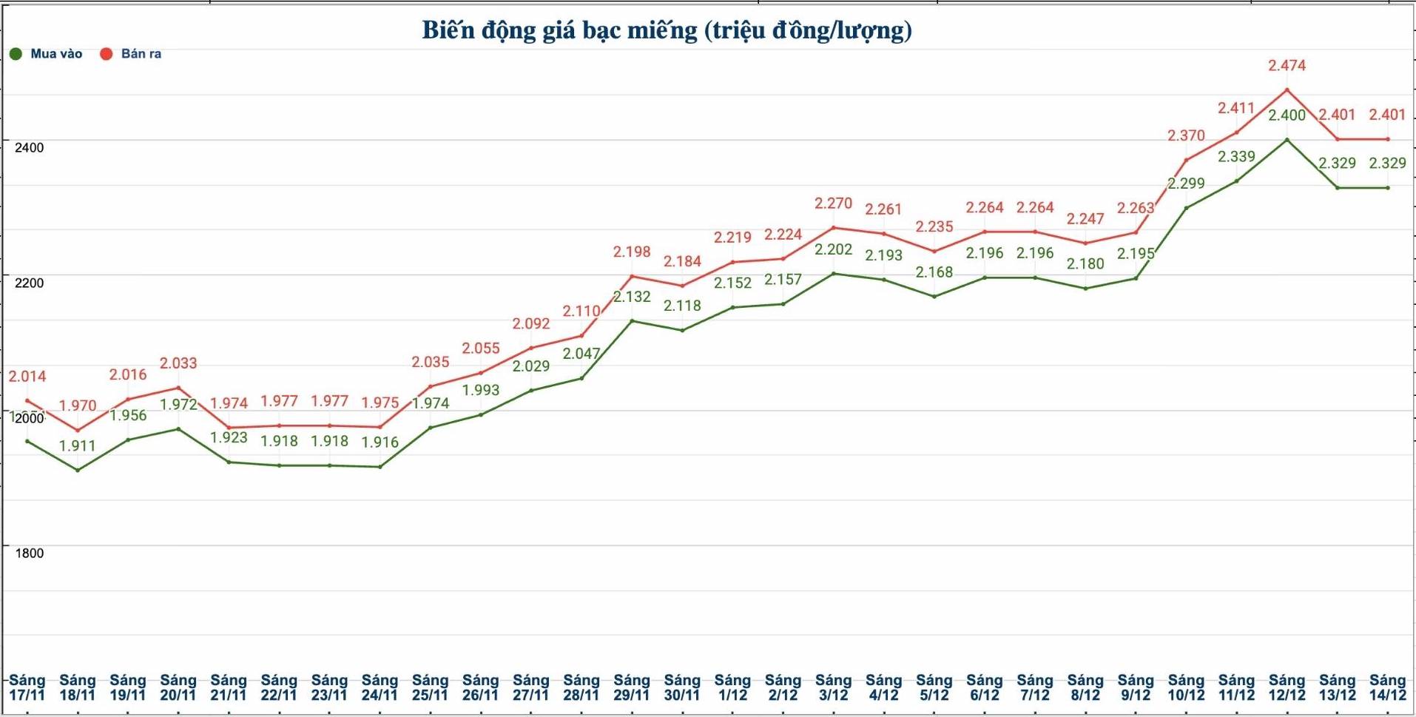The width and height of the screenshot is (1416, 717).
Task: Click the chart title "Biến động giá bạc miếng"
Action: pyautogui.click(x=667, y=30)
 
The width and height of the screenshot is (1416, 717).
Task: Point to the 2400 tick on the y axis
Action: pyautogui.click(x=30, y=147)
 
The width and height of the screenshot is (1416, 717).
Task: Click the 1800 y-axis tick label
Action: pyautogui.click(x=30, y=553)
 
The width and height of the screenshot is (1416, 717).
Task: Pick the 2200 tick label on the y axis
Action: pyautogui.click(x=30, y=283)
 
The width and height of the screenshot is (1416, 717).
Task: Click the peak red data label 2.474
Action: pyautogui.click(x=1287, y=66)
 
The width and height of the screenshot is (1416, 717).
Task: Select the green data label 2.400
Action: pyautogui.click(x=1287, y=115)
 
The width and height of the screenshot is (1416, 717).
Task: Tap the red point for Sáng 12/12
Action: pyautogui.click(x=1287, y=90)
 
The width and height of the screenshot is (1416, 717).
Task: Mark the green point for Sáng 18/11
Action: pyautogui.click(x=78, y=470)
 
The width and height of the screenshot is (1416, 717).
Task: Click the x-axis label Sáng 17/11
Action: pyautogui.click(x=27, y=687)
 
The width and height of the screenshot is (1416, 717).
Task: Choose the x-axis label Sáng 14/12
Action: pyautogui.click(x=1387, y=687)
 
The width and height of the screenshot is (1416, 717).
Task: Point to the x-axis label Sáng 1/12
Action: pyautogui.click(x=732, y=687)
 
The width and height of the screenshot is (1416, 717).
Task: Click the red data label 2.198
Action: pyautogui.click(x=632, y=252)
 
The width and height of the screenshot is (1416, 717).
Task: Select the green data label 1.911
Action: pyautogui.click(x=78, y=445)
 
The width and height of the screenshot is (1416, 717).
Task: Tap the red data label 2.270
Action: pyautogui.click(x=833, y=203)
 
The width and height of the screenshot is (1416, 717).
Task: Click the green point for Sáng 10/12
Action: pyautogui.click(x=1186, y=208)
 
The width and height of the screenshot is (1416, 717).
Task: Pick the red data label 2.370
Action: pyautogui.click(x=1186, y=136)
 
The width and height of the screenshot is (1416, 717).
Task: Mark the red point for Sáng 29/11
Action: pyautogui.click(x=632, y=277)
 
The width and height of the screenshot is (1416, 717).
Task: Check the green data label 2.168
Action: pyautogui.click(x=934, y=272)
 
